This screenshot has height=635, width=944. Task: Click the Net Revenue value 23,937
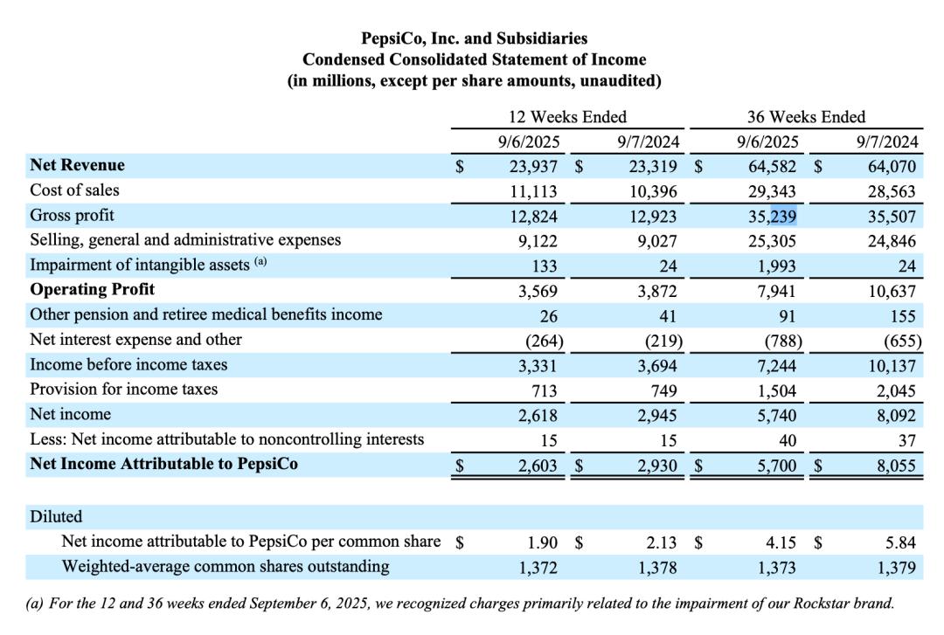pyautogui.click(x=533, y=165)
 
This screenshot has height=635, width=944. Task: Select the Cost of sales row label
pyautogui.click(x=74, y=190)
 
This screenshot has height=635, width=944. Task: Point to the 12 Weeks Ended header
pyautogui.click(x=567, y=117)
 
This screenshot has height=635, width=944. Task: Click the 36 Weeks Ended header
pyautogui.click(x=806, y=117)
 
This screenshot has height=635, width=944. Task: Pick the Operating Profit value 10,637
pyautogui.click(x=892, y=291)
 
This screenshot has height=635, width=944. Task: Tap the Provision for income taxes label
pyautogui.click(x=123, y=390)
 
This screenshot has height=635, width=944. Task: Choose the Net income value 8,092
pyautogui.click(x=896, y=415)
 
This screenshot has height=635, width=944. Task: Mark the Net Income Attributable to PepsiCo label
pyautogui.click(x=163, y=465)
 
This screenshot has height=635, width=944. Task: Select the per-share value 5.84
pyautogui.click(x=900, y=542)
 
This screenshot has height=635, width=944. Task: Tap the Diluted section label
pyautogui.click(x=56, y=517)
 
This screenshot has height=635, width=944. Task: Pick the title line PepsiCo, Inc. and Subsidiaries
pyautogui.click(x=475, y=38)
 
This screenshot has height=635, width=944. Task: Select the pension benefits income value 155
pyautogui.click(x=903, y=316)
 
